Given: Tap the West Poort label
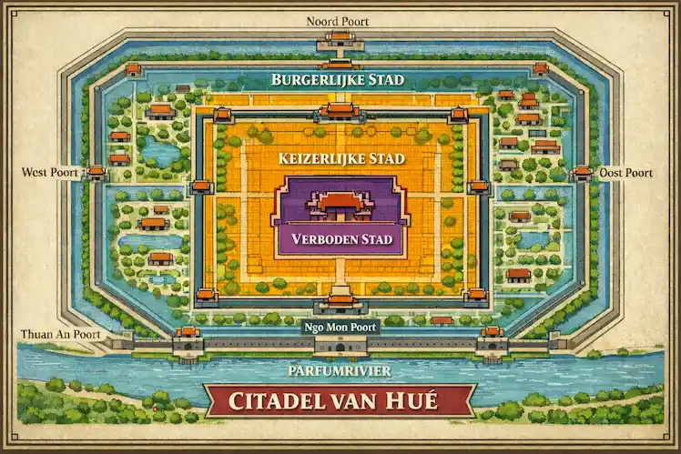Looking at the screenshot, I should [49, 172].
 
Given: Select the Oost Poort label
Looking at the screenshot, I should [626, 172].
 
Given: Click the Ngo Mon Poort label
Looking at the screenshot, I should [340, 327].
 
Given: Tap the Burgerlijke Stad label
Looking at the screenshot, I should [338, 80].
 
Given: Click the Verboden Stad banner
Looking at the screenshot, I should [340, 240].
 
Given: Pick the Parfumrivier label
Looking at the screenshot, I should [340, 371].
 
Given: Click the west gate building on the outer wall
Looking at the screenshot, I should [96, 172].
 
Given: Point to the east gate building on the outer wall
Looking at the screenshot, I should [582, 172].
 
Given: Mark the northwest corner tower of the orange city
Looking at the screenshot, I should [222, 115].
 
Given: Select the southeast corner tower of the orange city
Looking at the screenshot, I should [475, 296].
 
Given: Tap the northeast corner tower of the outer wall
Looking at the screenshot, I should [540, 69].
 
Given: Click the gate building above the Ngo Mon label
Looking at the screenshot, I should [340, 302].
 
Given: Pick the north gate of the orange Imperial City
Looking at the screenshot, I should [340, 111].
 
